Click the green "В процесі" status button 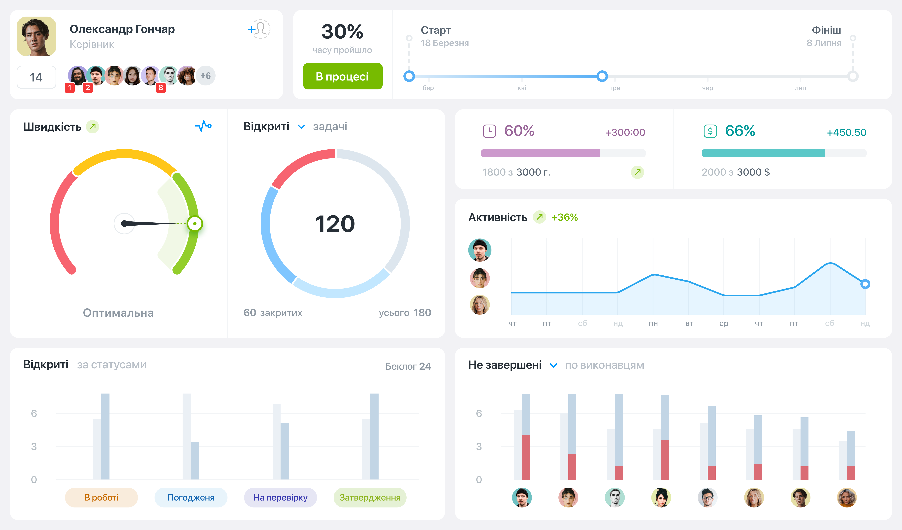[343, 76]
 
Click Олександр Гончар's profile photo [36, 36]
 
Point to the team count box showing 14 [36, 77]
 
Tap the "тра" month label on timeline [615, 88]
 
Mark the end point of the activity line [865, 284]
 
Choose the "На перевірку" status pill [280, 498]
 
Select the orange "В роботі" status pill [101, 498]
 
